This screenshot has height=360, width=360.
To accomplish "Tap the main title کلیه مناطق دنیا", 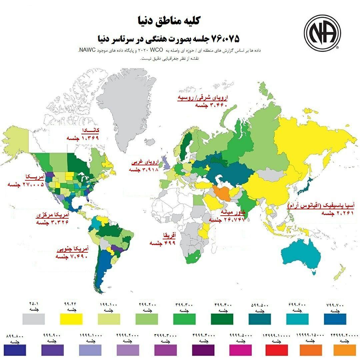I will (x=168, y=21).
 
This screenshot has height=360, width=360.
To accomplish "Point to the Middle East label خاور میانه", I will (x=233, y=212).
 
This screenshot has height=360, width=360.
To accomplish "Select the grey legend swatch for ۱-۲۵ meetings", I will (x=34, y=319).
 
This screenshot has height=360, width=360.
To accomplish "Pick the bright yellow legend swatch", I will (x=71, y=319).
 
